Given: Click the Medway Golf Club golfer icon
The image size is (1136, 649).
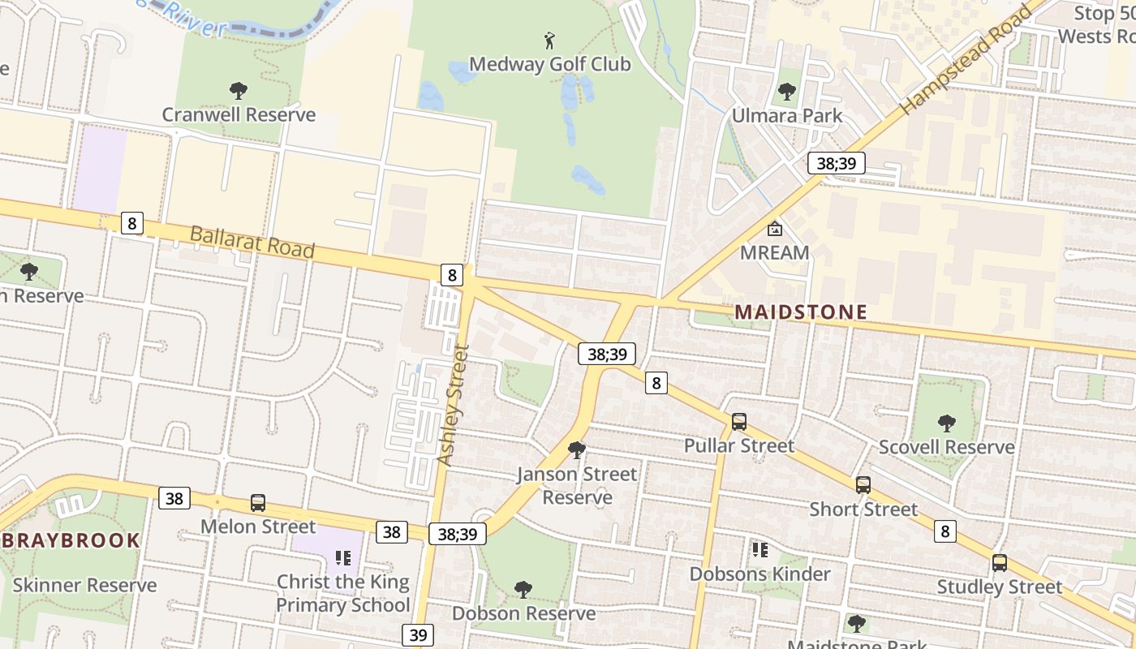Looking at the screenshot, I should click(549, 40).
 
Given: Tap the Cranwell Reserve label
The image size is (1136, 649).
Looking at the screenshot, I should click(239, 114).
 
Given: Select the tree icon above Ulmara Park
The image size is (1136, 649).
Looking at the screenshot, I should click(787, 92).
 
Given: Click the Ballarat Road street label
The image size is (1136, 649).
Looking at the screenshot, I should click(252, 242).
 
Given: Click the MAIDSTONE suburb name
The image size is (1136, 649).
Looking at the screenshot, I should click(801, 312).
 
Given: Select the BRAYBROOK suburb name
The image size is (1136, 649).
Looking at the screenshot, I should click(71, 540).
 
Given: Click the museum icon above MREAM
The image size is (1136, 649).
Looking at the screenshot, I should click(775, 229).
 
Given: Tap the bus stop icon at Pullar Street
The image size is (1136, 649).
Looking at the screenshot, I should click(738, 422).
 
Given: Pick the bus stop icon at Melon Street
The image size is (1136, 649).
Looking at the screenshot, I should click(257, 503).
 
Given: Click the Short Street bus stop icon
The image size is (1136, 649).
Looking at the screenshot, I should click(863, 485).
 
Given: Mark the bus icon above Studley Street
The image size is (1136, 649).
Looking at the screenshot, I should click(1000, 563).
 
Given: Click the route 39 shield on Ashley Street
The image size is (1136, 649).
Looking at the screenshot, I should click(418, 634).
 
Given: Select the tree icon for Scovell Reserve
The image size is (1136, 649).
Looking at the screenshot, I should click(946, 423).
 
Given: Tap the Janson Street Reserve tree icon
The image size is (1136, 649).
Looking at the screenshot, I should click(577, 449).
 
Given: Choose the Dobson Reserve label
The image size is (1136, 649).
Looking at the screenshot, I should click(523, 613).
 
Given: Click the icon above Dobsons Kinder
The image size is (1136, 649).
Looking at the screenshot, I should click(759, 550).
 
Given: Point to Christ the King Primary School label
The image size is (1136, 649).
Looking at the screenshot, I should click(342, 593).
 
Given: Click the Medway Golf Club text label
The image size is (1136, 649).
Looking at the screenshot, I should click(549, 64).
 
